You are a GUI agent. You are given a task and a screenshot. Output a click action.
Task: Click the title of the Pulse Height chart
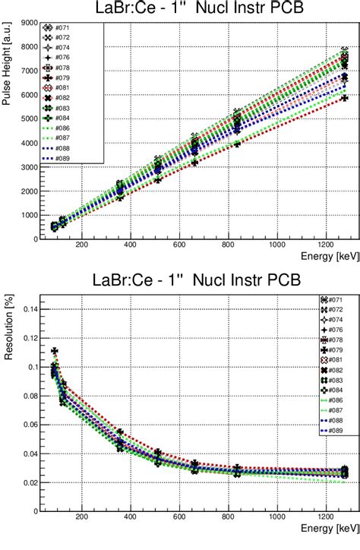(194, 10)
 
